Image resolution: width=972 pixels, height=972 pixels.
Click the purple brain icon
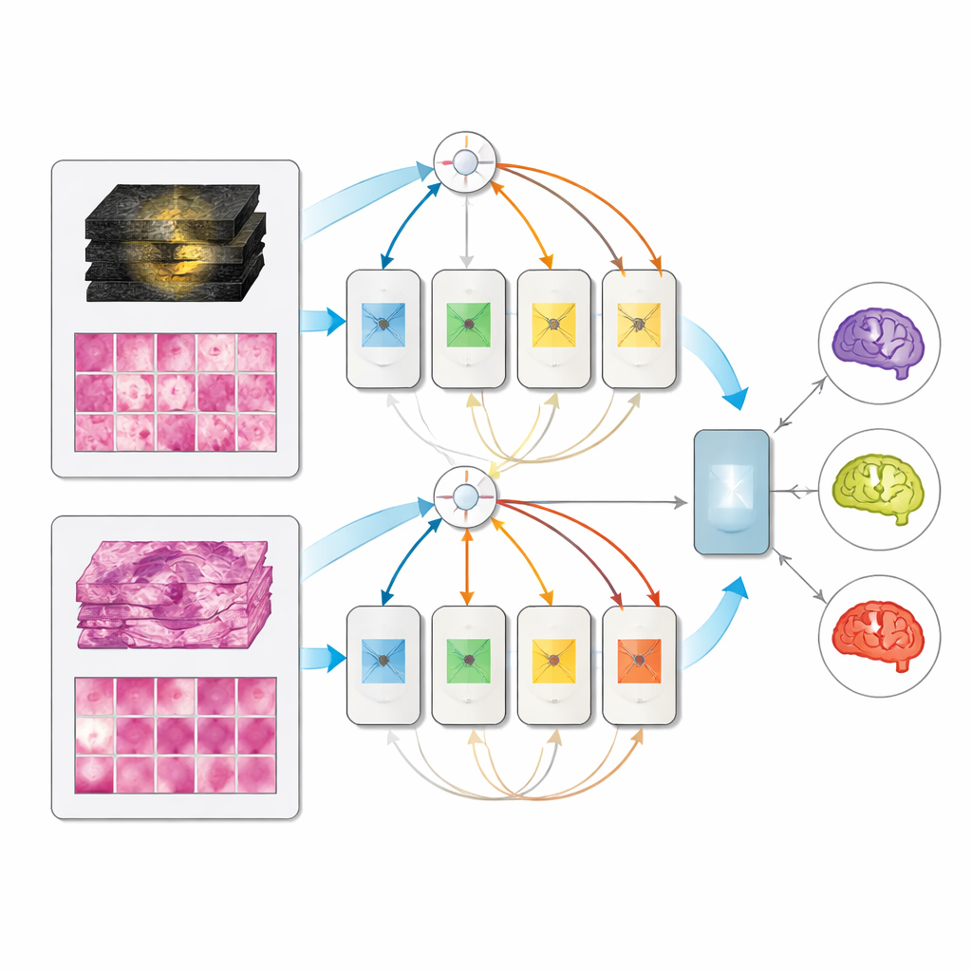pyautogui.click(x=878, y=342)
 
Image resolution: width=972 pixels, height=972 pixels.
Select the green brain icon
pyautogui.click(x=878, y=488)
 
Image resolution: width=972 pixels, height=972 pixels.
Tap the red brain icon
pyautogui.click(x=878, y=634)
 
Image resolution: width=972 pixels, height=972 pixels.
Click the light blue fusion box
pyautogui.click(x=732, y=492)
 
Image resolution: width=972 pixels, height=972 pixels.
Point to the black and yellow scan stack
pyautogui.click(x=175, y=242)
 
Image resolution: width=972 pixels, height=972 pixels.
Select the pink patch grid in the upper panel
pyautogui.click(x=176, y=391)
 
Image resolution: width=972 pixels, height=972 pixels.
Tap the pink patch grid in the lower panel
pyautogui.click(x=176, y=735)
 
